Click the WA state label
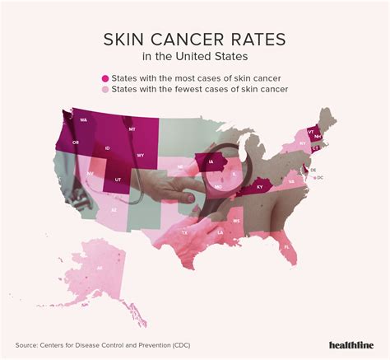(x=83, y=120)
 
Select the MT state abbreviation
(x=131, y=130)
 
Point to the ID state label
(x=108, y=148)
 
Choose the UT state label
(x=118, y=180)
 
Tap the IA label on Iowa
(x=211, y=163)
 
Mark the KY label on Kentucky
(x=261, y=188)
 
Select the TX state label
(x=184, y=233)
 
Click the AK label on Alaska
(x=100, y=269)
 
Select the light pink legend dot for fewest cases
(x=105, y=89)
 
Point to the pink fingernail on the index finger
(x=190, y=199)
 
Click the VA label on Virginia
(x=291, y=182)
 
